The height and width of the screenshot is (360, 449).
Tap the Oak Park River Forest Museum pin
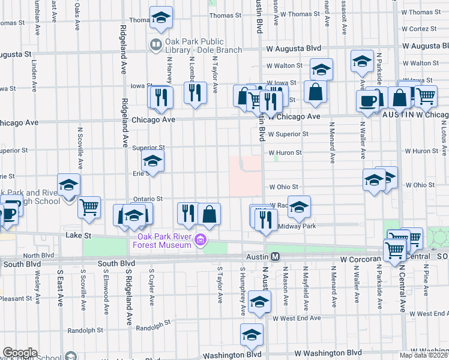200,242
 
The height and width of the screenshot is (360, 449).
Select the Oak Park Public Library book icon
155,44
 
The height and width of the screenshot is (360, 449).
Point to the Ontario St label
148,199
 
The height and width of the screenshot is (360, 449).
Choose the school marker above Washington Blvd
252,335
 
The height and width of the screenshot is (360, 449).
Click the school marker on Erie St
152,161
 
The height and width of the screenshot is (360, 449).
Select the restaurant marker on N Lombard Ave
194,92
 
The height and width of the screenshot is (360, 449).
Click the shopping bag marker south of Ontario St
209,214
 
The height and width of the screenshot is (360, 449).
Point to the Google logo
20,352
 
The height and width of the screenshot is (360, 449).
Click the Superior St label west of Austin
149,148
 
